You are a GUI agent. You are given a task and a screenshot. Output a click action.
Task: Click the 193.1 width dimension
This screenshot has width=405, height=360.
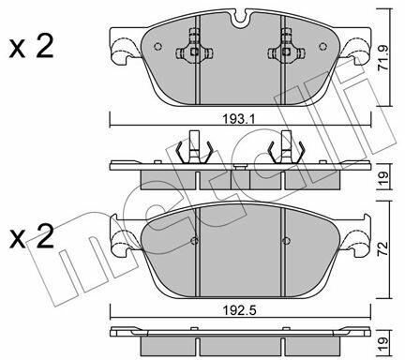pos(239,119)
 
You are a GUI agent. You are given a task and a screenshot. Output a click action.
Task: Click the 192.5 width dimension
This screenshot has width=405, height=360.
pos(239,310)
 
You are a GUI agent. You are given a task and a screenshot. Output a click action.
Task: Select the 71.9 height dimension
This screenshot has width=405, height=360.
pos(383,58)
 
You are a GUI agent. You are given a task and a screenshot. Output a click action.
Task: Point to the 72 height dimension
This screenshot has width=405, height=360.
pos(383,248)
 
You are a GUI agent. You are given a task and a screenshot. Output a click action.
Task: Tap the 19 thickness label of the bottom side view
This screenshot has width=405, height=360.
pos(383,344)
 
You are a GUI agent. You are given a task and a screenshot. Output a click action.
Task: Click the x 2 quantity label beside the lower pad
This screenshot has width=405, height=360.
pos(31,236)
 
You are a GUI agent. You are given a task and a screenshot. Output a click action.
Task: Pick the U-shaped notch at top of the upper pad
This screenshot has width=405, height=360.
pos(240,17)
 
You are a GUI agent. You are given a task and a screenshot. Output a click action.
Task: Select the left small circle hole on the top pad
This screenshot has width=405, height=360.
pos(158,46)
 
